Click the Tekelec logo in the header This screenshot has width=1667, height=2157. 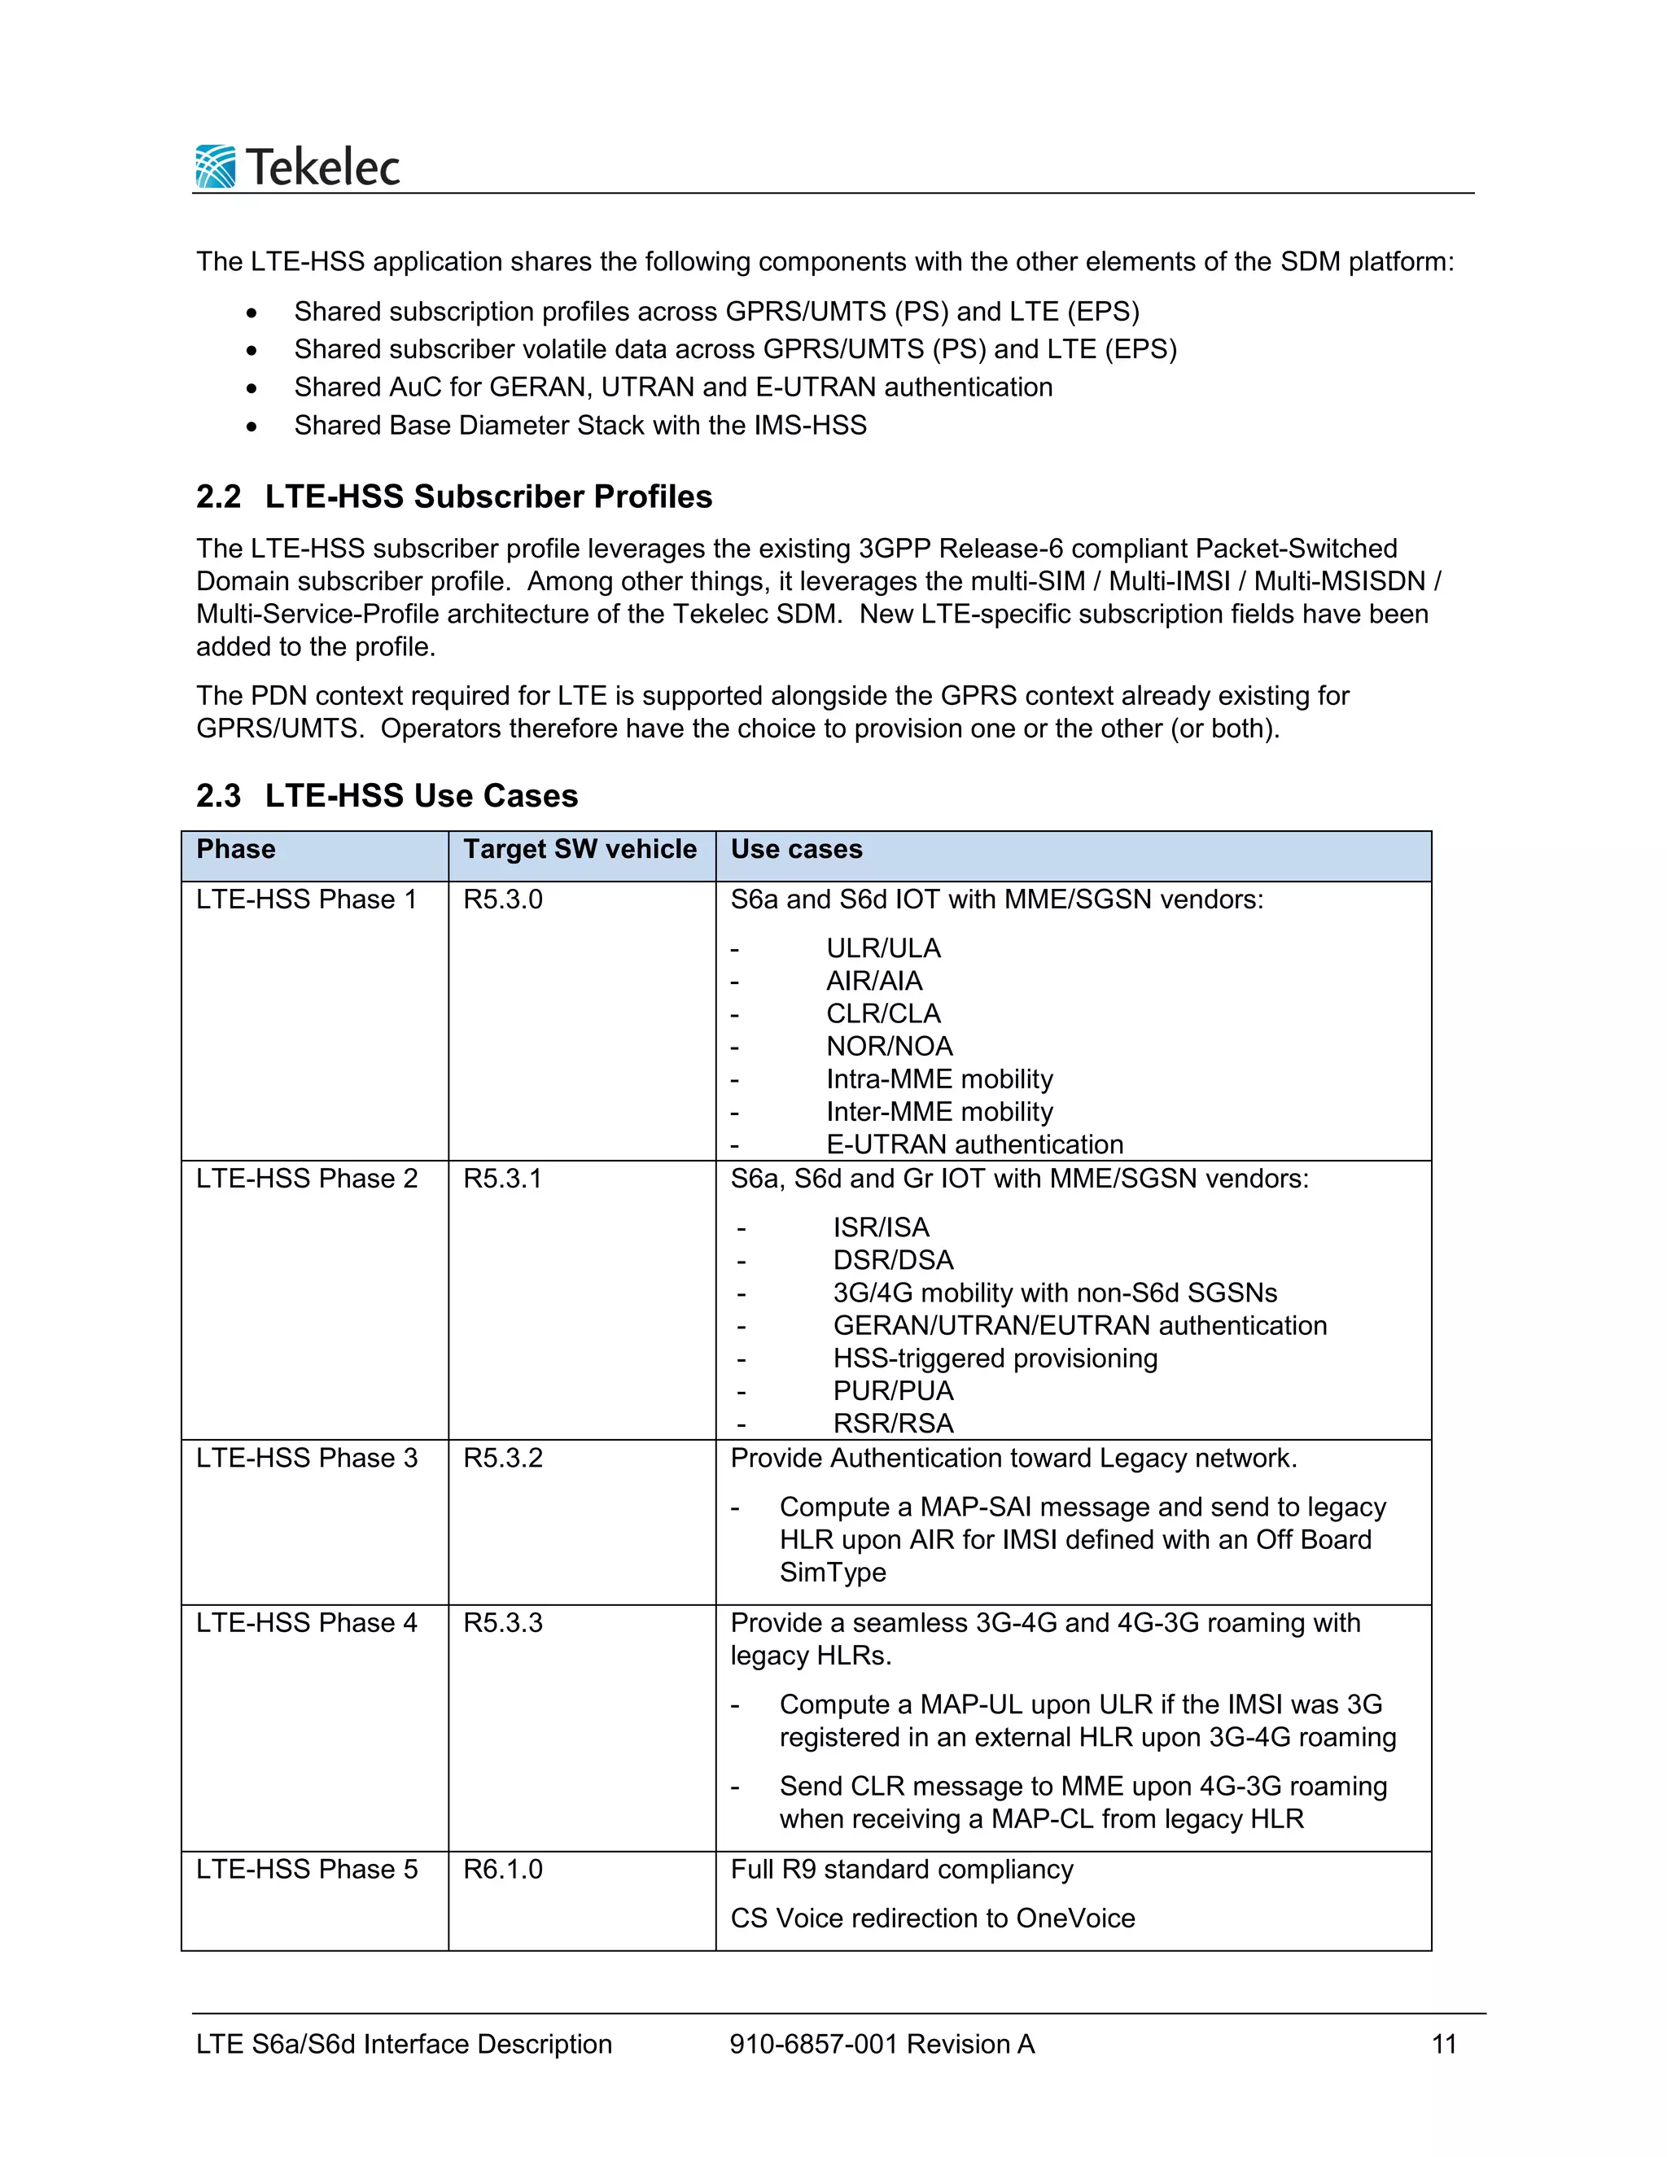[297, 166]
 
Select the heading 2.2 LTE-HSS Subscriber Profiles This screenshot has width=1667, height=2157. [453, 496]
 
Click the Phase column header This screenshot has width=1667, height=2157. [236, 849]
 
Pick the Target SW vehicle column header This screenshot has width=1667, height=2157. [580, 849]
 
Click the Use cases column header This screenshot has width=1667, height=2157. [796, 849]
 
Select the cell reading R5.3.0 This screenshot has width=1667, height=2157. [503, 899]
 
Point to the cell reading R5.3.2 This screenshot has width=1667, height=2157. [503, 1458]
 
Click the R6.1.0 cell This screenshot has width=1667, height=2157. [503, 1869]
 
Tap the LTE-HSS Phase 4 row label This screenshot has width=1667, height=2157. [306, 1623]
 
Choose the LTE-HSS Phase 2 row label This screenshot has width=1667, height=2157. [306, 1179]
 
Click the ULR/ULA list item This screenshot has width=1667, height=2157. [883, 948]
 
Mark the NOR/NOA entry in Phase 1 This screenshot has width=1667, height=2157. [889, 1046]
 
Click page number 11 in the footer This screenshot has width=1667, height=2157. [1444, 2045]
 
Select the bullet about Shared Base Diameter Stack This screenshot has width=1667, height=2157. [580, 425]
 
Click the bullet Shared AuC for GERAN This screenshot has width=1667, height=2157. [672, 387]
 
